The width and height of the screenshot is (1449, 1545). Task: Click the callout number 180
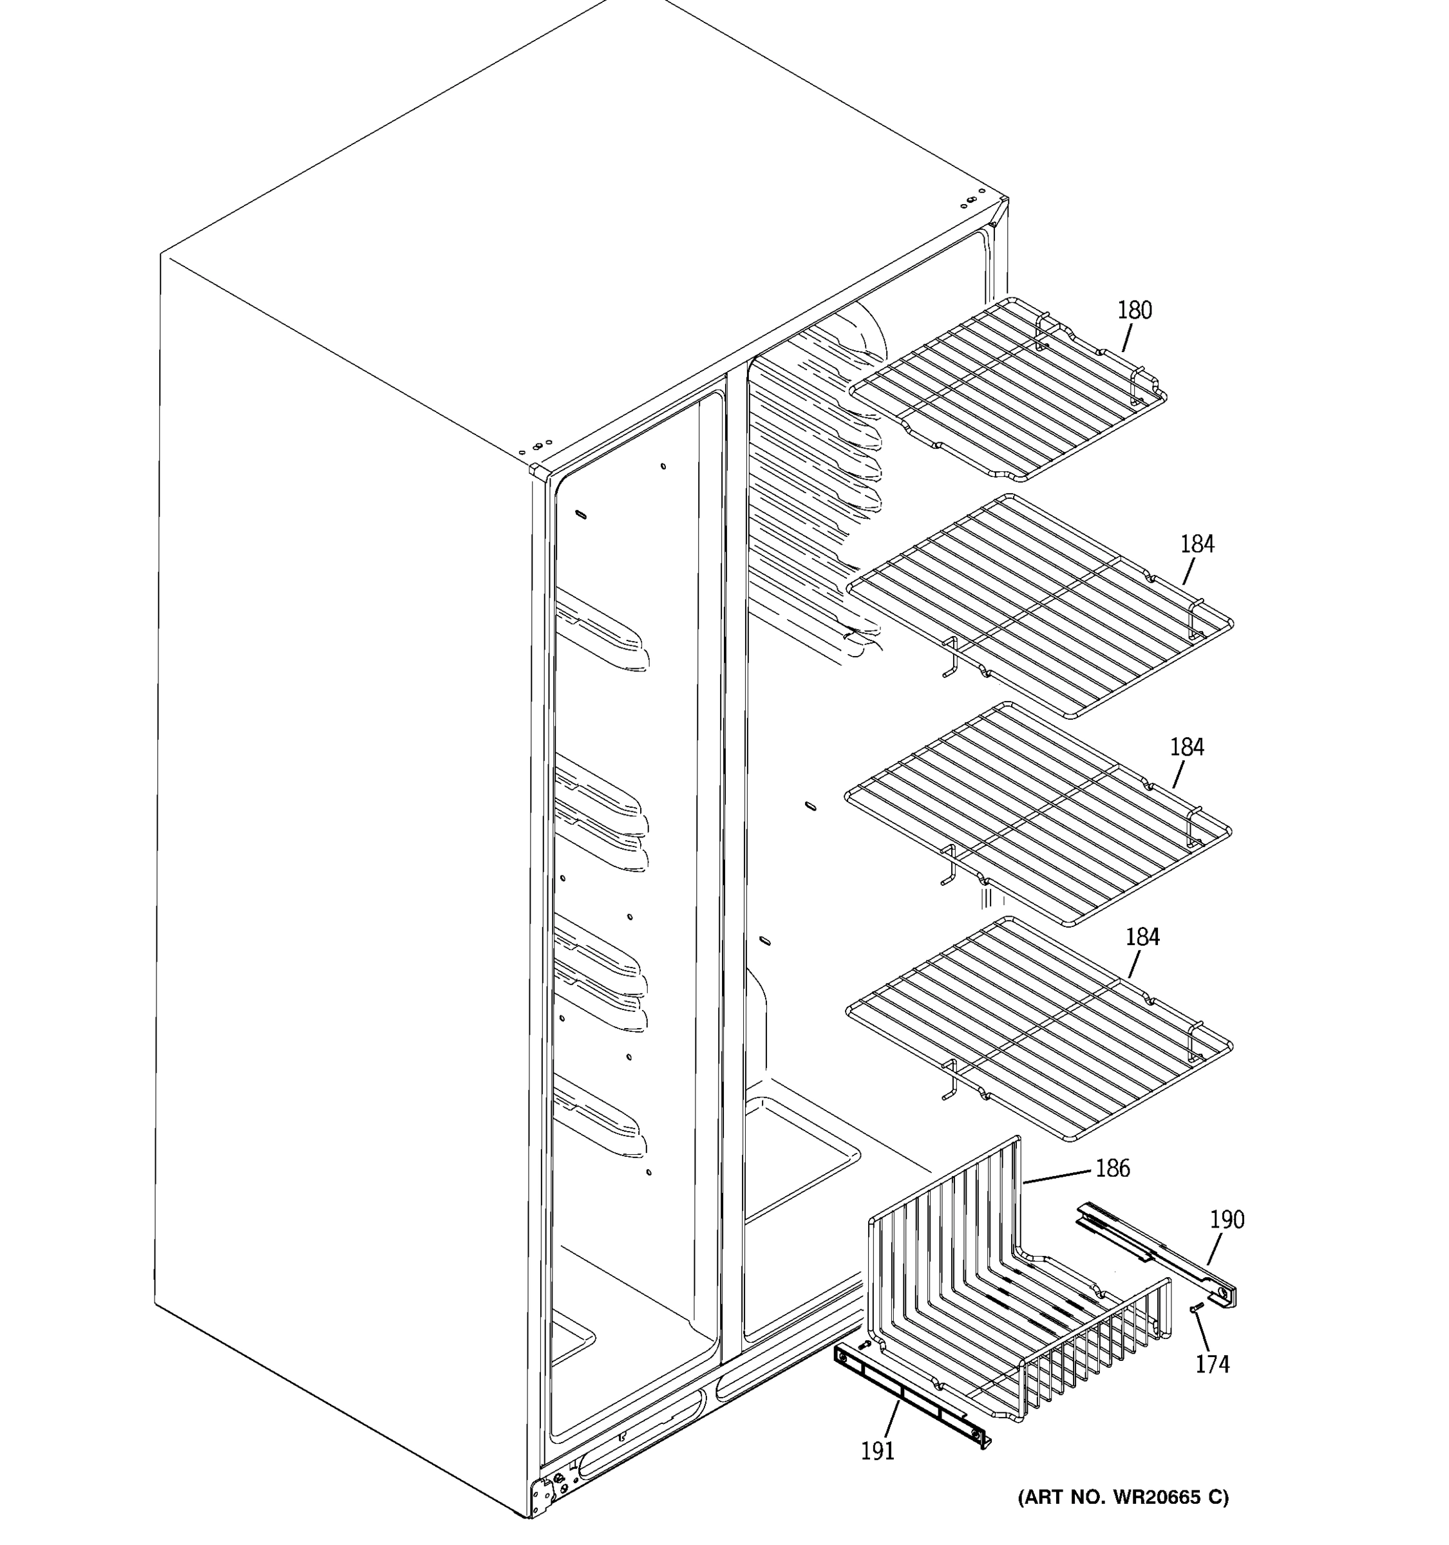(x=1134, y=311)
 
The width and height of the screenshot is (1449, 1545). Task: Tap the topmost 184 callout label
(x=1197, y=544)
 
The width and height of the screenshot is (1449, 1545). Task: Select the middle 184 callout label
(x=1186, y=747)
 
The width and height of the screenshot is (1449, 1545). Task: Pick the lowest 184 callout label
(x=1142, y=937)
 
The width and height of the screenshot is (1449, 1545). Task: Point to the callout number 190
(x=1226, y=1219)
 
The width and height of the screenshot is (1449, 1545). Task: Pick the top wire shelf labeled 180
(x=1010, y=389)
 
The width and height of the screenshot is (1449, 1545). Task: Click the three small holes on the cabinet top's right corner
(x=969, y=202)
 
